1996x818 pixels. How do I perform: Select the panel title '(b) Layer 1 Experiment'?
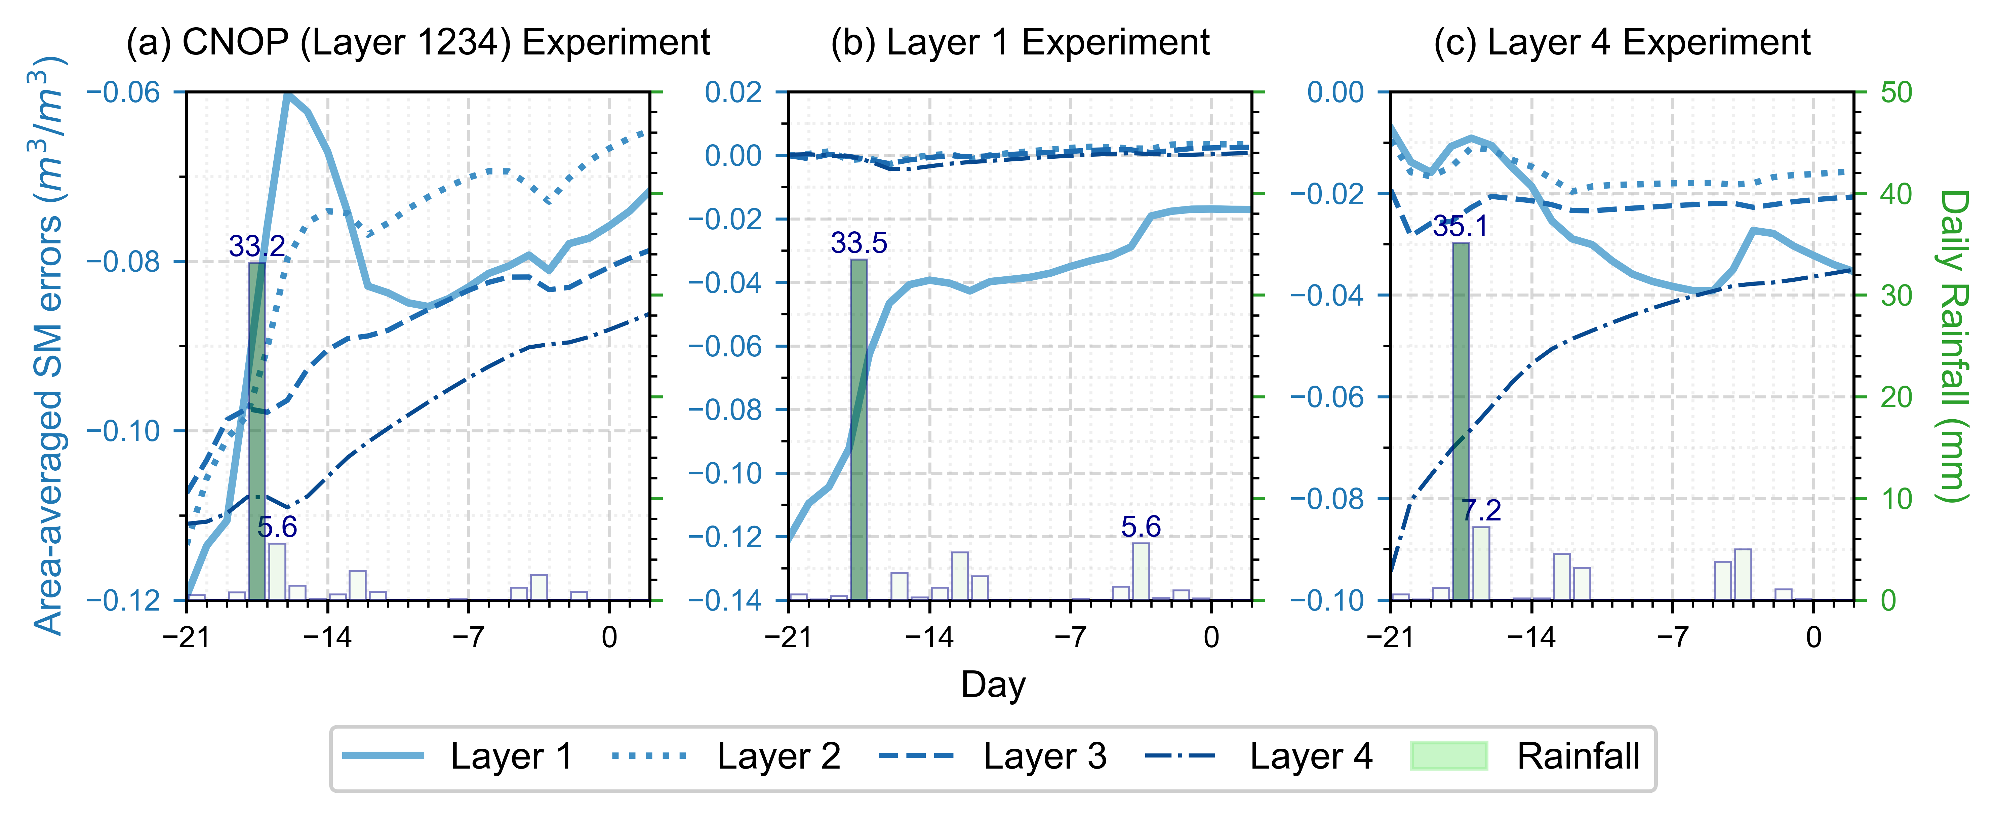(x=1020, y=43)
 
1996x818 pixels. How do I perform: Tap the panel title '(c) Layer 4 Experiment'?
(x=1622, y=43)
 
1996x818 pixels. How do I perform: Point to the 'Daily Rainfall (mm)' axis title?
(x=1953, y=346)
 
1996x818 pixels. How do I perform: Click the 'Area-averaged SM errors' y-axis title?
(x=48, y=346)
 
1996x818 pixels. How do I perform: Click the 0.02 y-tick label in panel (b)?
(x=733, y=93)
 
